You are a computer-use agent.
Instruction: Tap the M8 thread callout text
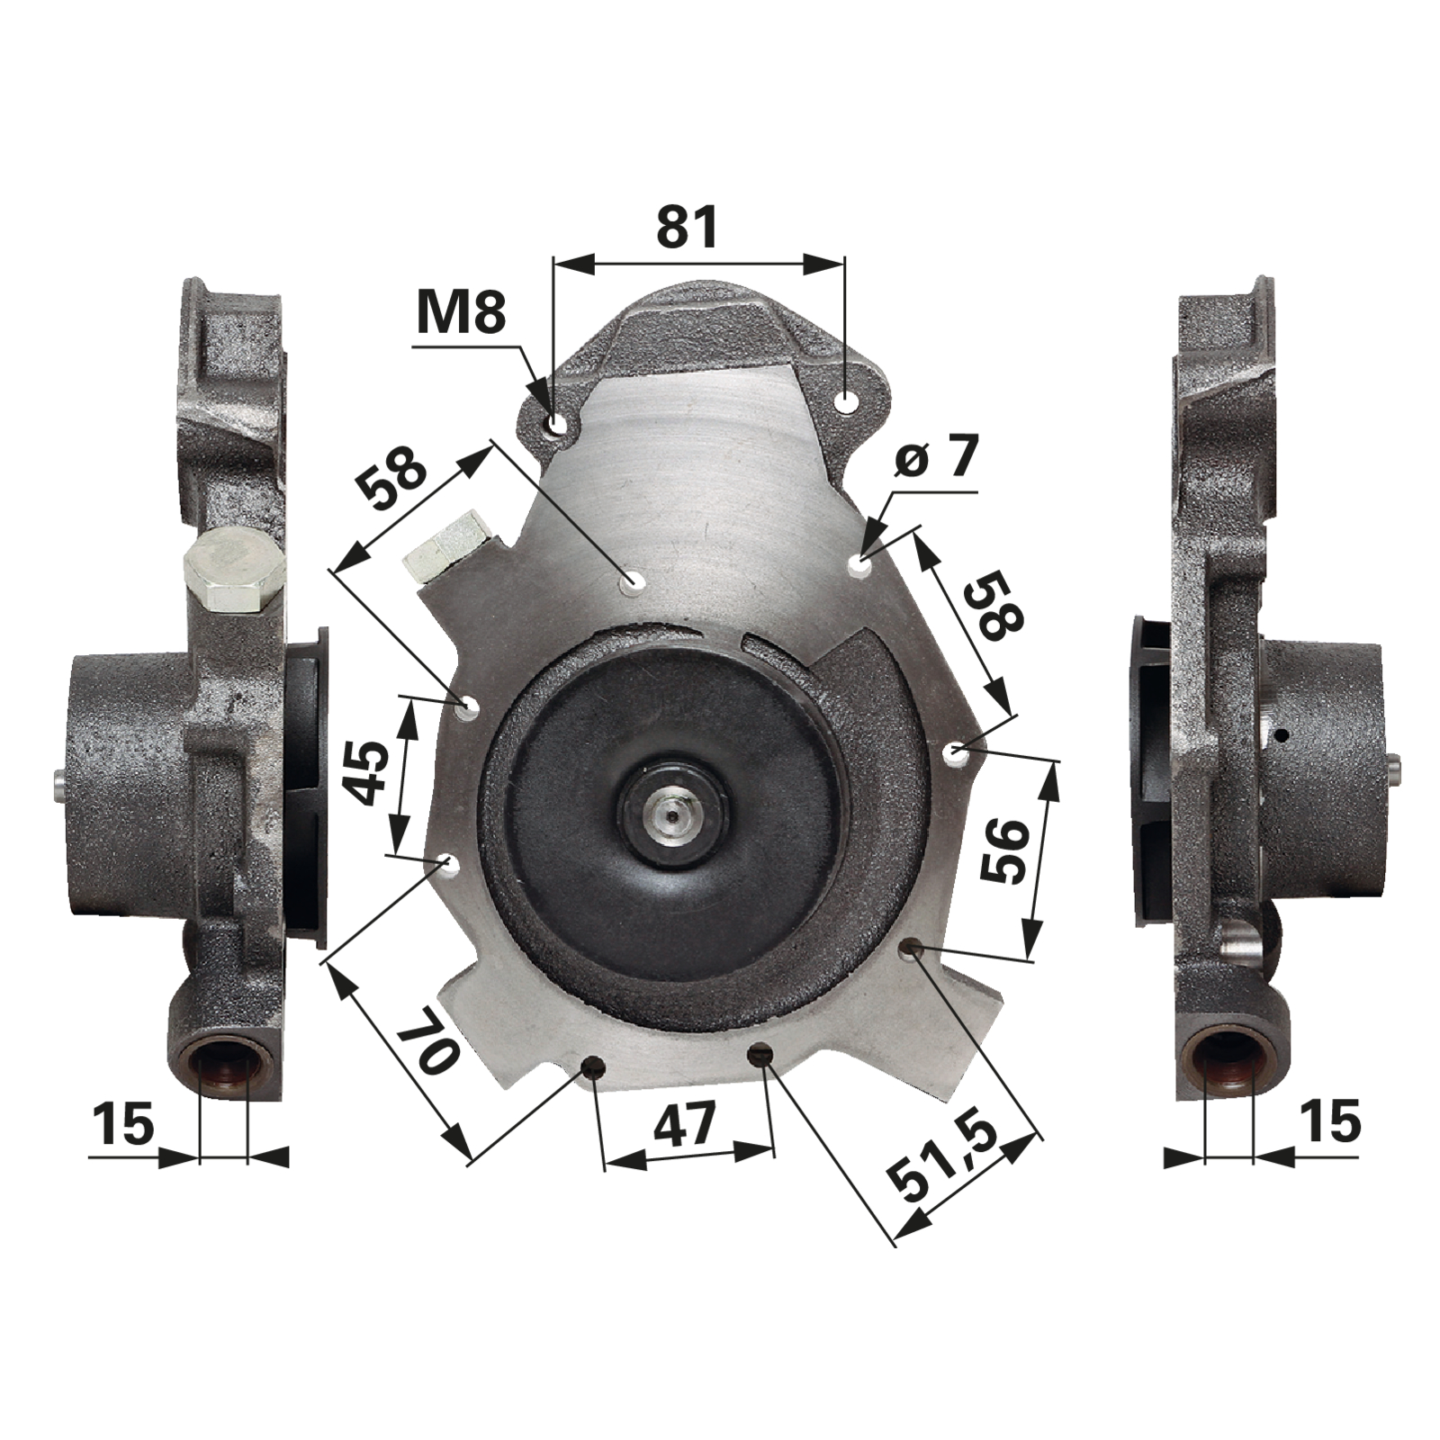[462, 312]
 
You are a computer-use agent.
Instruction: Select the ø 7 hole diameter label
[936, 459]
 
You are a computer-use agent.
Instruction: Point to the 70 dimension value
[425, 1045]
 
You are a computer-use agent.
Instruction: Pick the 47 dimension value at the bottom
[685, 1124]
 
